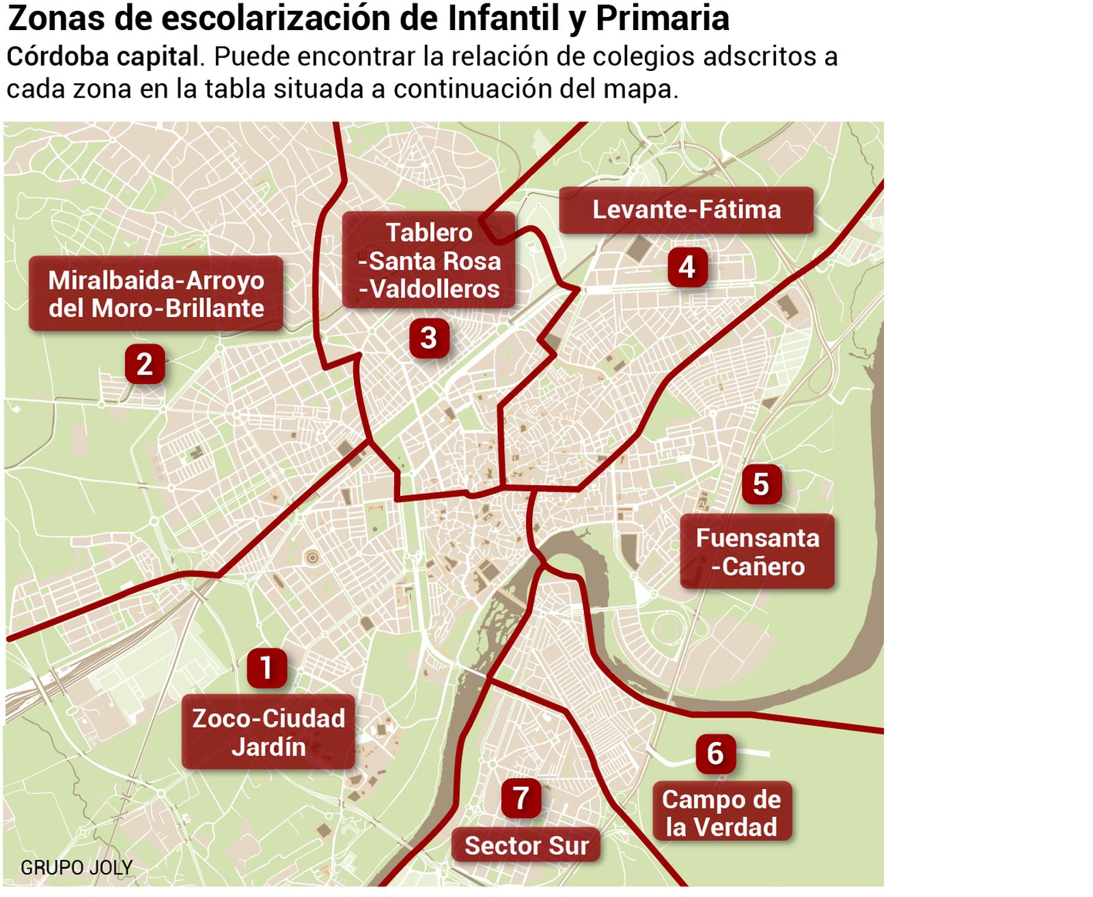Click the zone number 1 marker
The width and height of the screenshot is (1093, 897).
coord(266,667)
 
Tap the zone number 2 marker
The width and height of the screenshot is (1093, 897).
coord(144,363)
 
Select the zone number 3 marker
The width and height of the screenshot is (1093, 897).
coord(428,337)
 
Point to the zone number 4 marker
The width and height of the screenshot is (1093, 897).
coord(687,266)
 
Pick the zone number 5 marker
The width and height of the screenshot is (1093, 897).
coord(761,484)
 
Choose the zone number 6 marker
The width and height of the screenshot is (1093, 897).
coord(715,753)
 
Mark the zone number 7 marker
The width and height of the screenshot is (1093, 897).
coord(521,797)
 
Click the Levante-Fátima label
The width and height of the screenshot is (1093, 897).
coord(686,210)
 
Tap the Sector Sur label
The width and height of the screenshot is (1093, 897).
coord(526,846)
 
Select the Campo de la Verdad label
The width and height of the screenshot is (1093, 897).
coord(721,813)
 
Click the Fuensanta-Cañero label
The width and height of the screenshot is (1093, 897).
coord(757,552)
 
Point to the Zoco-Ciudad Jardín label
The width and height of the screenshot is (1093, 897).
coord(268,732)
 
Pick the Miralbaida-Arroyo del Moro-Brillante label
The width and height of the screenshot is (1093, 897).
coord(156,294)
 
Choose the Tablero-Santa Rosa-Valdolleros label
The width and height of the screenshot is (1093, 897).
coord(429,260)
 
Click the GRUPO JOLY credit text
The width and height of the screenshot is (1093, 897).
coord(76,868)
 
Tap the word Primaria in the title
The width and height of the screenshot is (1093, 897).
coord(662,19)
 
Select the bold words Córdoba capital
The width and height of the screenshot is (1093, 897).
coord(102,57)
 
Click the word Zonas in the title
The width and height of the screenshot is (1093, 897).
coord(55,19)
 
